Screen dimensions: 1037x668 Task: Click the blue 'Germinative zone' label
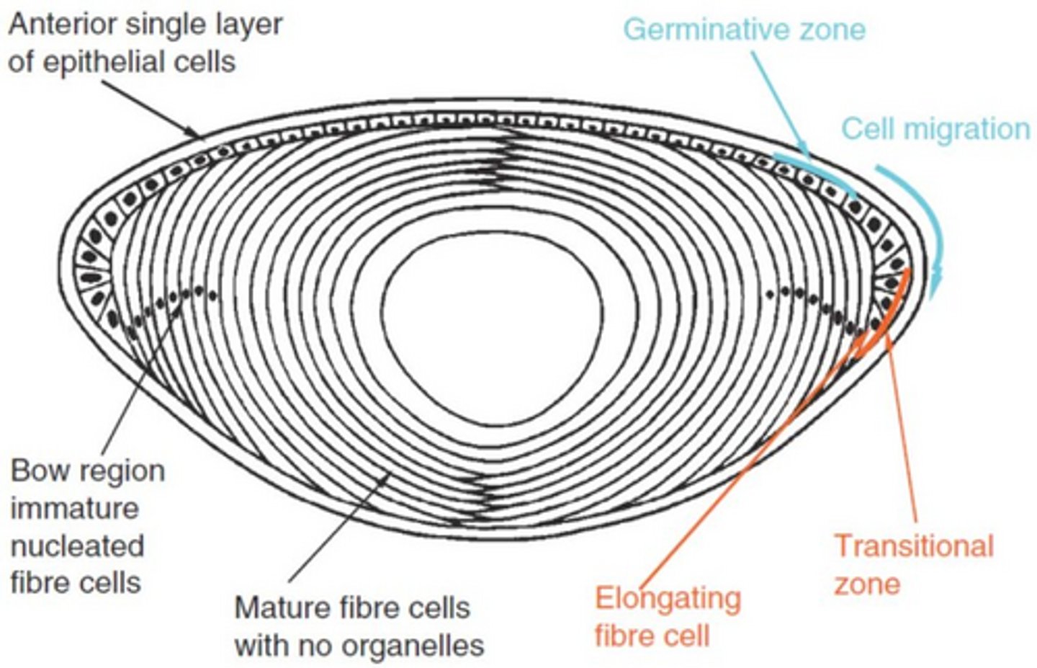click(745, 30)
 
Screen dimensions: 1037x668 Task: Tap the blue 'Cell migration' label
click(935, 128)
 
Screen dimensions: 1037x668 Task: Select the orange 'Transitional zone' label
click(914, 564)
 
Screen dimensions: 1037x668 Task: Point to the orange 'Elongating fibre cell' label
click(668, 616)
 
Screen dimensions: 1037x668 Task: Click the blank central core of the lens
click(492, 328)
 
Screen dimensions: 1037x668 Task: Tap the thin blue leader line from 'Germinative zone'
click(779, 104)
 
